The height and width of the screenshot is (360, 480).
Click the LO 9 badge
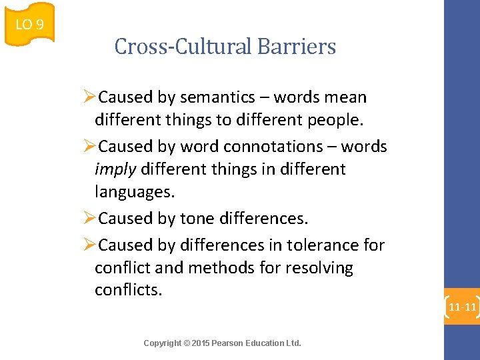point(29,25)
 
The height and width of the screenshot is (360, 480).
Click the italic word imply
point(115,169)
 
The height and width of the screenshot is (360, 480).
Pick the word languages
point(134,192)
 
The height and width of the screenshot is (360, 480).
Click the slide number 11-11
point(462,307)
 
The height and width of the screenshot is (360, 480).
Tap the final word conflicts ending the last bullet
point(128,291)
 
